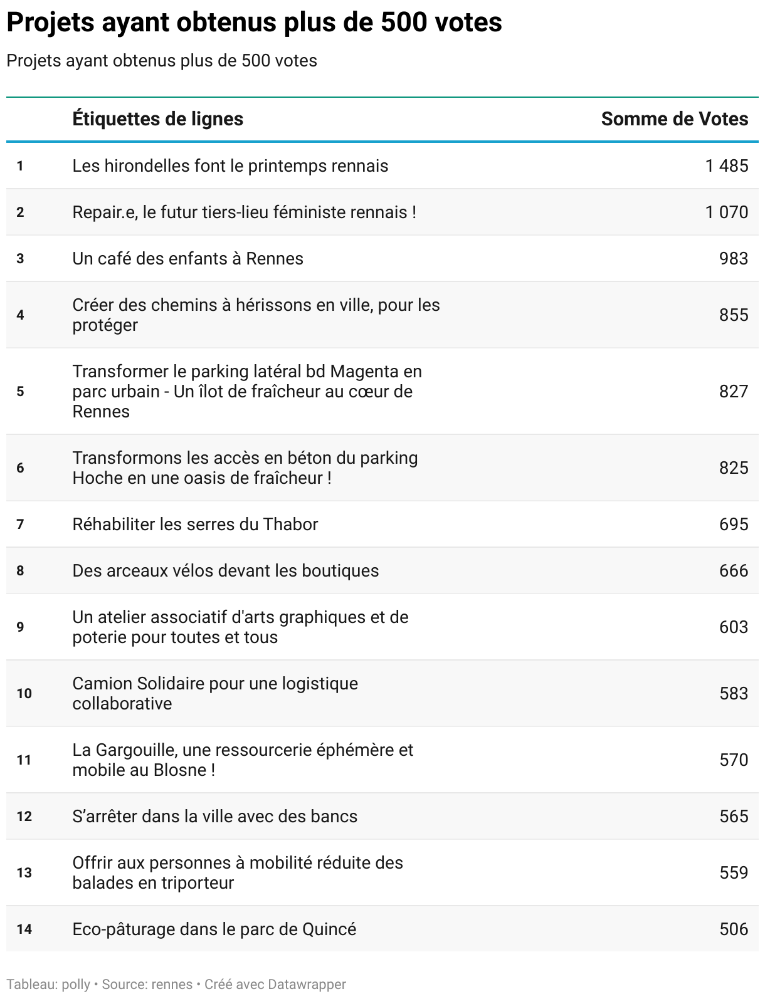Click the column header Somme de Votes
point(674,119)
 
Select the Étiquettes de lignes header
point(157,119)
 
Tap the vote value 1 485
point(726,166)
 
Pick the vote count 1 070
point(726,212)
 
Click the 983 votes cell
point(733,259)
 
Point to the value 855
point(733,315)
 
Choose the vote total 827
point(733,392)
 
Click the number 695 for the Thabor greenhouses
point(733,525)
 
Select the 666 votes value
point(733,571)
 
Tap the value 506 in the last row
point(733,929)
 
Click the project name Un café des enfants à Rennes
point(187,259)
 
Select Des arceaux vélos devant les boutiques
point(225,571)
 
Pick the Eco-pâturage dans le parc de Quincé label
point(214,929)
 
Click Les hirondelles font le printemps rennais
point(230,166)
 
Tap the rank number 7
point(20,525)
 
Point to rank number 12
point(24,817)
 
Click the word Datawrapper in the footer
point(307,985)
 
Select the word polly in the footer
point(76,985)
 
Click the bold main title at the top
point(254,23)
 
